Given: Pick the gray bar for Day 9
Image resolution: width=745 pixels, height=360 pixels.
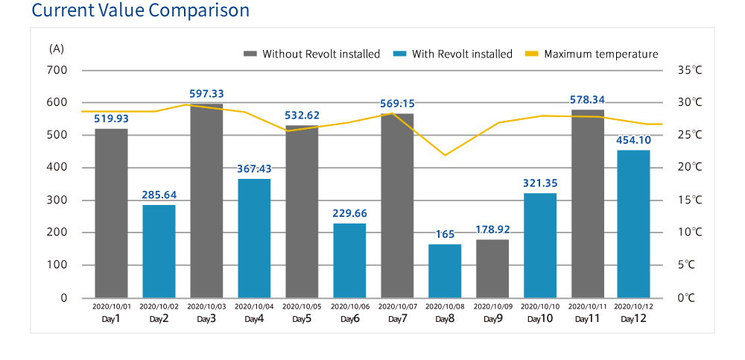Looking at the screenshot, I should [x=492, y=268].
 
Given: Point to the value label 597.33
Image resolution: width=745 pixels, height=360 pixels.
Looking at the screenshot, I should [x=206, y=94].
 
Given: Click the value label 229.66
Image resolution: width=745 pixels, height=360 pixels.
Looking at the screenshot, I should [x=349, y=213].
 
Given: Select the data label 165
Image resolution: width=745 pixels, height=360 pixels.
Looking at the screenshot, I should [x=445, y=234].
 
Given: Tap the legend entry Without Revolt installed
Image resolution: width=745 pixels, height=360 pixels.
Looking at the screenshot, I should [x=312, y=54].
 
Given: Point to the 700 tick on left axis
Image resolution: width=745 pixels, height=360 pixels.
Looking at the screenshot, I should [x=57, y=70].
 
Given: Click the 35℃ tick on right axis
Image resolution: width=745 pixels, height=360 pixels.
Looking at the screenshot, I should [x=689, y=70].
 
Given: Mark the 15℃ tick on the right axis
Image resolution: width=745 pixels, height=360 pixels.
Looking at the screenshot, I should [x=689, y=200].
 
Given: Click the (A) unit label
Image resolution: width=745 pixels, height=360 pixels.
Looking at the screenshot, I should [x=57, y=48].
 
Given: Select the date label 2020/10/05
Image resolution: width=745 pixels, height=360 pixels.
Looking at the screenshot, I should [x=302, y=306].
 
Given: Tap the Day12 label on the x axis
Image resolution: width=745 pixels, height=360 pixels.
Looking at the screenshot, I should [x=633, y=319].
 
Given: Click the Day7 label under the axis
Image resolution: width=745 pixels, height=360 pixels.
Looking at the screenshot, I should [x=397, y=319].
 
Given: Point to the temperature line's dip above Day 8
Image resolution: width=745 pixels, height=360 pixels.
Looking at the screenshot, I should [x=445, y=155].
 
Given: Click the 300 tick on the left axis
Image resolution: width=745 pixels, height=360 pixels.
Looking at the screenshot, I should [x=57, y=200].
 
